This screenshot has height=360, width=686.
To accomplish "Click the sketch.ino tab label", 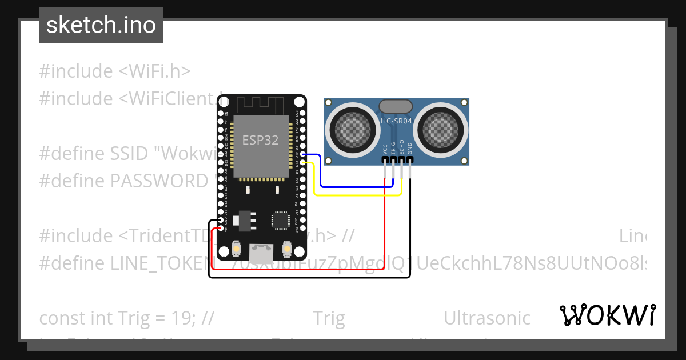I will (x=101, y=25).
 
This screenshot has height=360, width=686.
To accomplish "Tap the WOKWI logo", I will (x=607, y=315).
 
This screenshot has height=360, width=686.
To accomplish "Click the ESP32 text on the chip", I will (x=261, y=141).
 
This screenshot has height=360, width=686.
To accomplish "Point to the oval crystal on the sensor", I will (x=395, y=106).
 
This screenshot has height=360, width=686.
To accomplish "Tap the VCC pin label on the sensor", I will (x=385, y=149).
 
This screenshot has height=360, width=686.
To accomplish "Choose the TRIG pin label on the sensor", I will (x=393, y=148).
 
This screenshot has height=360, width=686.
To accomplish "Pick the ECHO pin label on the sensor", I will (x=401, y=147).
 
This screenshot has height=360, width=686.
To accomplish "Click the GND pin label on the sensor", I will (x=409, y=149).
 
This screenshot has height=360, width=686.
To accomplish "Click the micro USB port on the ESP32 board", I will (x=261, y=250).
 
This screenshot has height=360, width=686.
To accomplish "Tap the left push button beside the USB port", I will (x=237, y=249).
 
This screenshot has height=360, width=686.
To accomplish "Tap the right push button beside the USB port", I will (x=286, y=249).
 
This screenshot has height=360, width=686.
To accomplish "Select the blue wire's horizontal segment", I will (x=354, y=186).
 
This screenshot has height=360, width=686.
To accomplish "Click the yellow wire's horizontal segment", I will (x=357, y=195).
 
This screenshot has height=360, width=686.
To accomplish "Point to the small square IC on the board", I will (x=280, y=220).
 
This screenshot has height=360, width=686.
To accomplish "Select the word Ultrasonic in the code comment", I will (x=487, y=318).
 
